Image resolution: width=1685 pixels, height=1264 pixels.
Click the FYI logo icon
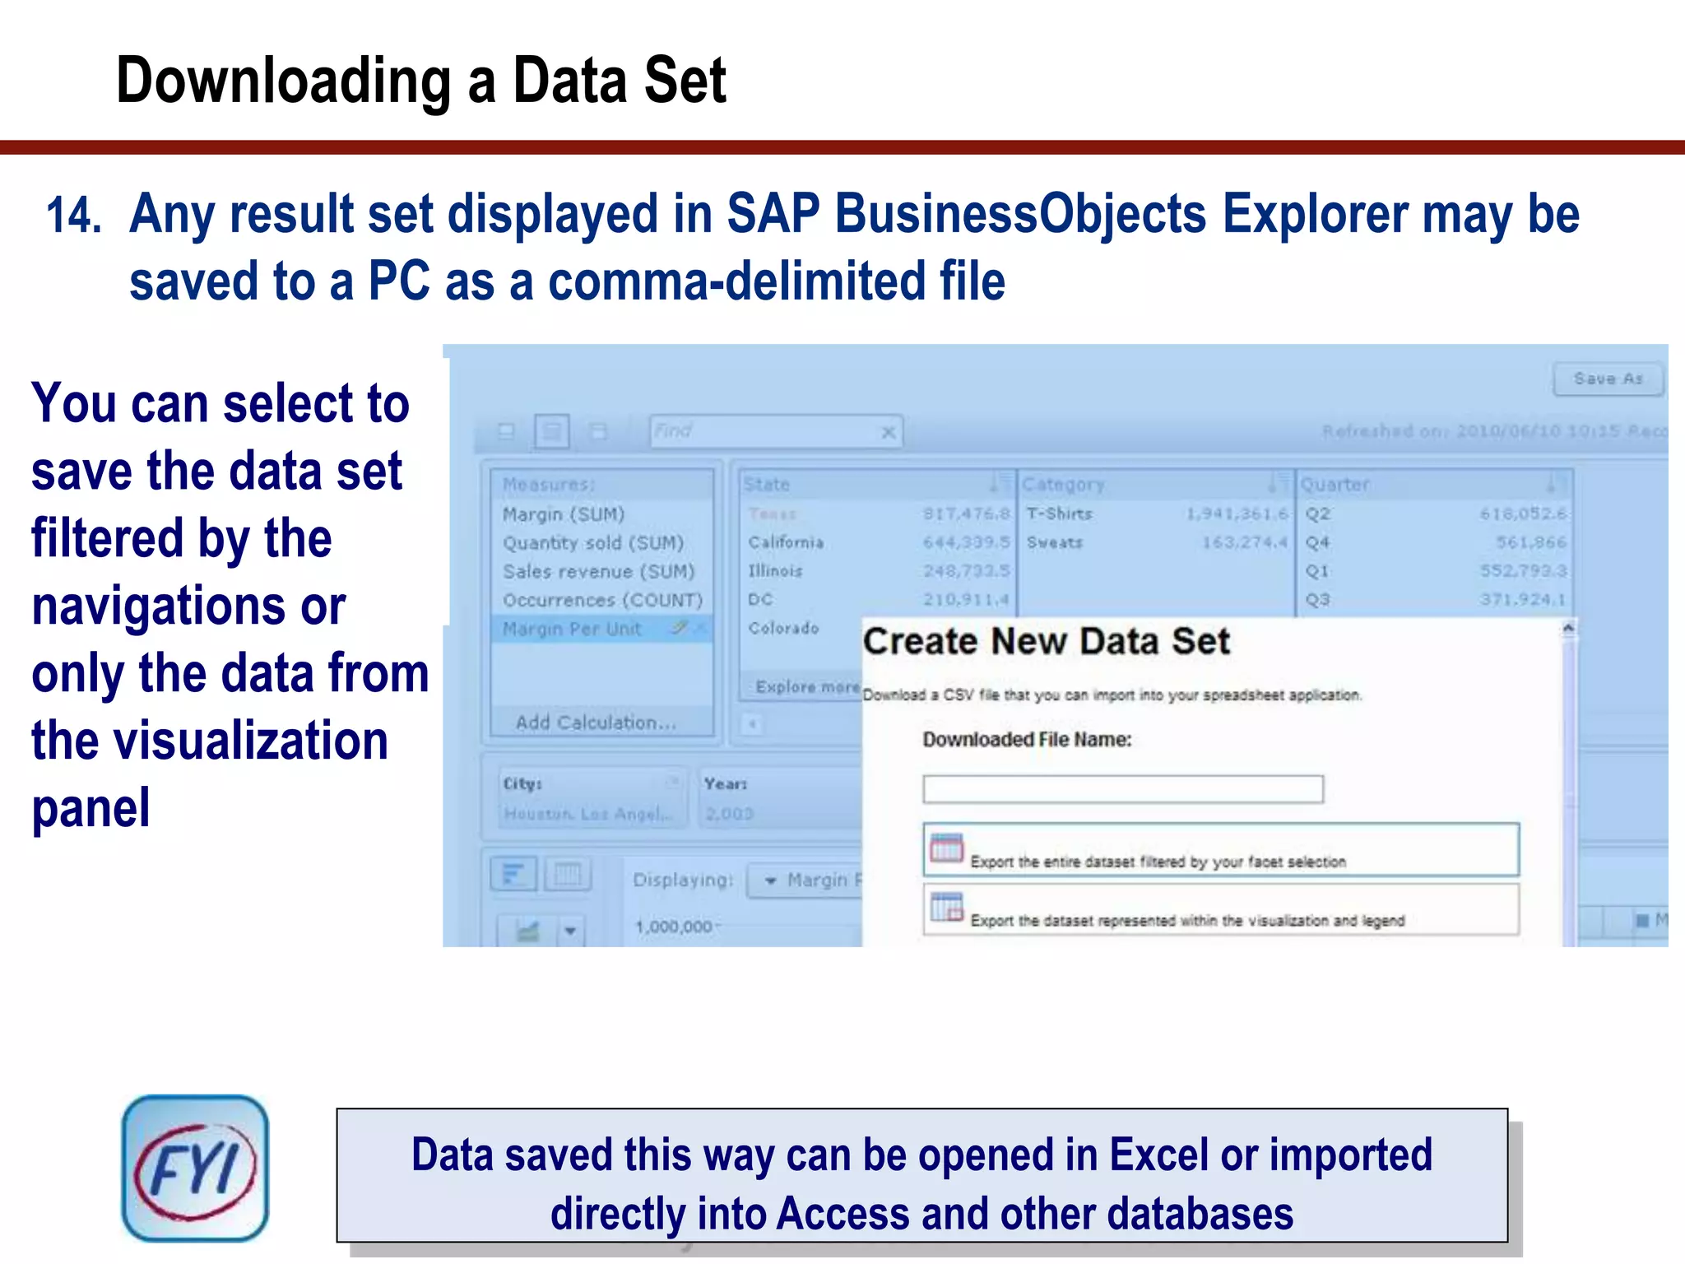click(195, 1168)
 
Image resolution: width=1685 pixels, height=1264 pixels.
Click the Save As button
click(1608, 379)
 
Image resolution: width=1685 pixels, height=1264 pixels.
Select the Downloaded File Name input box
click(1122, 789)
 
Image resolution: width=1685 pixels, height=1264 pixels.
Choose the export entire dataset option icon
click(946, 848)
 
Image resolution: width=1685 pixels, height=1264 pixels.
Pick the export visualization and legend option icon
click(946, 908)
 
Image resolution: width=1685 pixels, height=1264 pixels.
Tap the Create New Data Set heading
click(1046, 641)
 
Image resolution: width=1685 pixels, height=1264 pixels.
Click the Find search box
click(765, 431)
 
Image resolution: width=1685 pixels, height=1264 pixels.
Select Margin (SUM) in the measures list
click(564, 514)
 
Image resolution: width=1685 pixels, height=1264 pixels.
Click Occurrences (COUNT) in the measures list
click(602, 600)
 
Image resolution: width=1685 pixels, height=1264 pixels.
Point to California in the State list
click(786, 542)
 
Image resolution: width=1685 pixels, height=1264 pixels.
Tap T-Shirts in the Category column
click(1060, 513)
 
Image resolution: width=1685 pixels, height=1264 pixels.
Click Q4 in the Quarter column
click(1317, 542)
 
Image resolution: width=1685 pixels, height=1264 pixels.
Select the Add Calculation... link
click(595, 723)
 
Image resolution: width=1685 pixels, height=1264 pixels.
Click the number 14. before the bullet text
click(73, 216)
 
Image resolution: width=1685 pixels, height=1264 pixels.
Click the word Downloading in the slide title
click(283, 81)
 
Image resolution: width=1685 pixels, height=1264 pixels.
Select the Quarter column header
click(1335, 485)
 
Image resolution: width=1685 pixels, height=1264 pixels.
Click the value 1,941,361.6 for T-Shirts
click(1237, 513)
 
